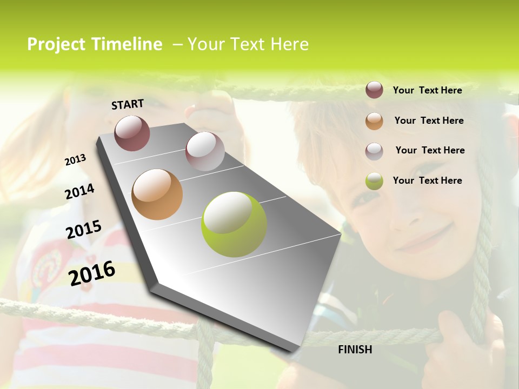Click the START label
(x=128, y=104)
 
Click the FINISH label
(x=355, y=350)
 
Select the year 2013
(x=75, y=160)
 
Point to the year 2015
(x=83, y=230)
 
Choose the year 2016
(x=92, y=273)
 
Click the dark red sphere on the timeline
(x=132, y=133)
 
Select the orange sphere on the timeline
(x=157, y=194)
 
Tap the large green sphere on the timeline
(x=234, y=224)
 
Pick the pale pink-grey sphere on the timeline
(x=205, y=151)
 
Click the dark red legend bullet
(x=374, y=90)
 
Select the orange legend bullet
(x=374, y=121)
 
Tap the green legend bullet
(x=374, y=181)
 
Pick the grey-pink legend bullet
(x=374, y=151)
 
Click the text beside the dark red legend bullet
(x=427, y=90)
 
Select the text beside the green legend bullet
(x=427, y=180)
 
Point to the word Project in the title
(x=57, y=44)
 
